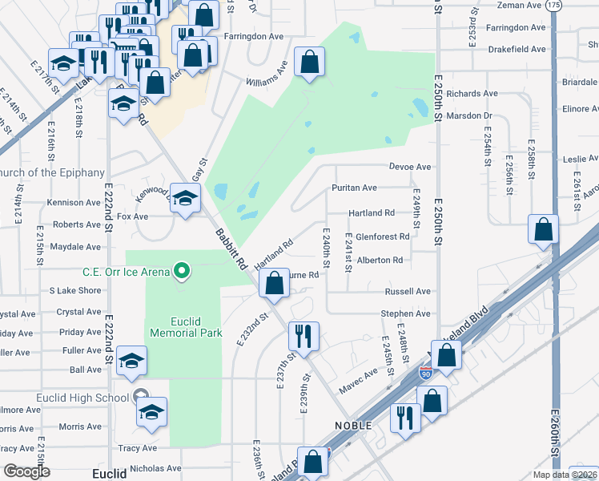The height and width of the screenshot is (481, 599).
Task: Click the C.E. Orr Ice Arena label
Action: (x=126, y=272)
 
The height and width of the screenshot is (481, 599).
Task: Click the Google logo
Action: (x=26, y=471)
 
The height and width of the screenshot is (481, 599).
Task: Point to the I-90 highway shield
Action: (x=425, y=374)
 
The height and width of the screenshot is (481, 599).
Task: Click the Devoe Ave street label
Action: (x=410, y=167)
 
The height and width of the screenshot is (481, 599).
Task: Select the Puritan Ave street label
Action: (x=354, y=188)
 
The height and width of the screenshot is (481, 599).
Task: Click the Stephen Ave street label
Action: (x=406, y=313)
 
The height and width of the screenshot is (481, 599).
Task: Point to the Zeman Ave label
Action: (x=519, y=5)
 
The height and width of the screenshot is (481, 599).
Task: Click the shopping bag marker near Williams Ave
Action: (x=309, y=62)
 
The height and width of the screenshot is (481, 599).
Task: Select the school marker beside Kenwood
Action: (x=185, y=199)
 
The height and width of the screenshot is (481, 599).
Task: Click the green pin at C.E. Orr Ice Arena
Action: (x=183, y=271)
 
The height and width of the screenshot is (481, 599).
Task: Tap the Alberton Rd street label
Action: (x=380, y=261)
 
